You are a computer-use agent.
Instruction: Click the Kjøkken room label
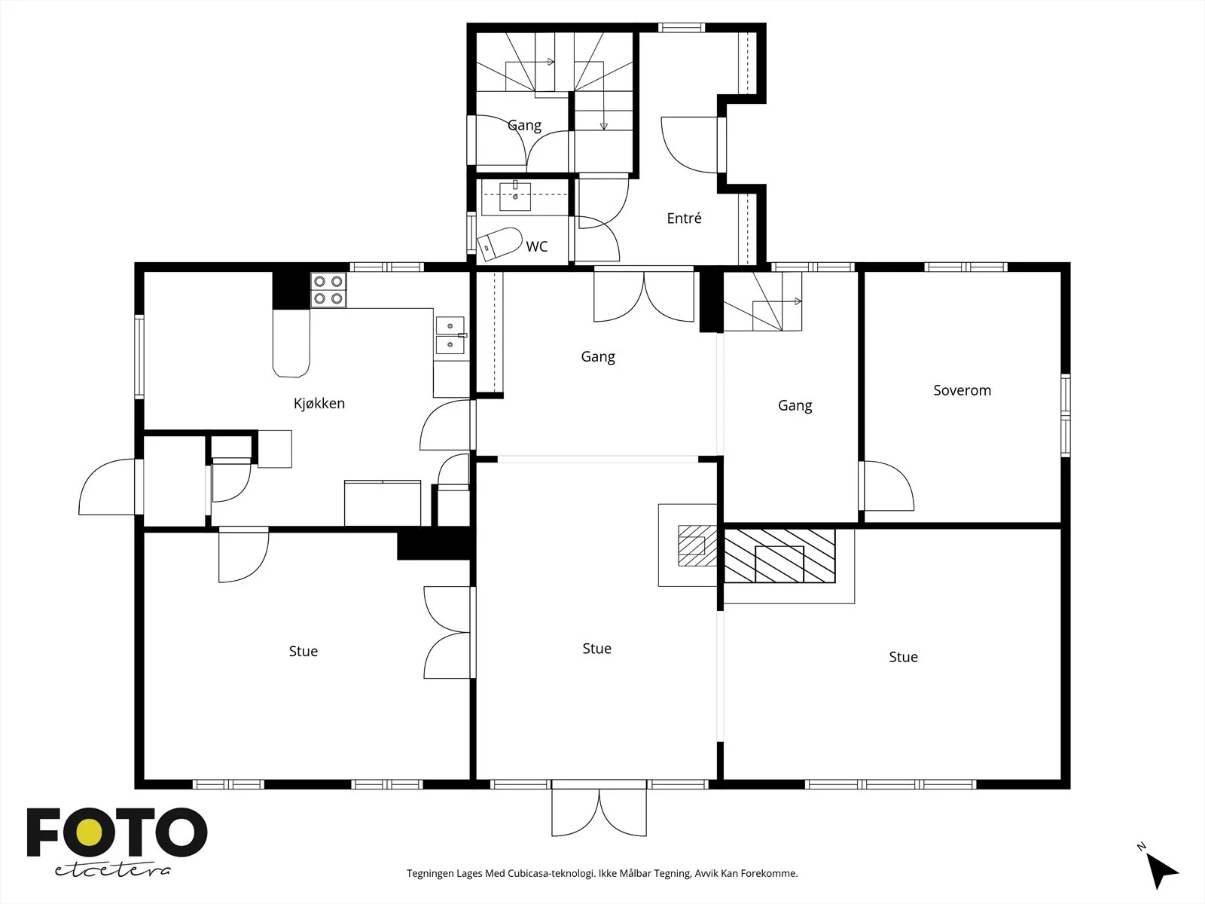tap(319, 404)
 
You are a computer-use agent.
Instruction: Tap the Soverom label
tap(962, 390)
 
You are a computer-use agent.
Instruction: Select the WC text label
tap(536, 246)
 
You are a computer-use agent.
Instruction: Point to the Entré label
tap(684, 218)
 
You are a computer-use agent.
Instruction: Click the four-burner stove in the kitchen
tap(328, 290)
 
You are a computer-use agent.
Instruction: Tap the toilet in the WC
tap(499, 243)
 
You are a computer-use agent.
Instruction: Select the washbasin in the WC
tap(515, 197)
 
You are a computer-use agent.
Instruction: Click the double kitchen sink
tap(450, 334)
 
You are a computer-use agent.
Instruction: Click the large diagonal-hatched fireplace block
tap(779, 555)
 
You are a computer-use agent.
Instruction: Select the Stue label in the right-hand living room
tap(903, 657)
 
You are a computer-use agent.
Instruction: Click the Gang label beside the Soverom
tap(795, 406)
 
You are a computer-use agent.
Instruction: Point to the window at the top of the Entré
tap(682, 27)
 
